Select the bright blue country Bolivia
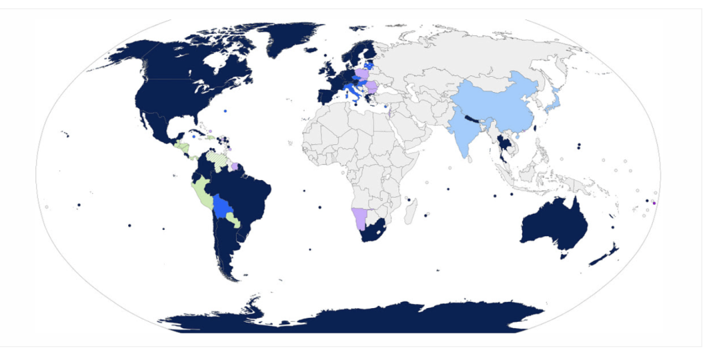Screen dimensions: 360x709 click(222, 206)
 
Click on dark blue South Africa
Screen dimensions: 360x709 click(374, 233)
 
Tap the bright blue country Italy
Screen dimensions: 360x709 click(352, 90)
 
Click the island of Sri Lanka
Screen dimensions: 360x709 click(472, 159)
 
